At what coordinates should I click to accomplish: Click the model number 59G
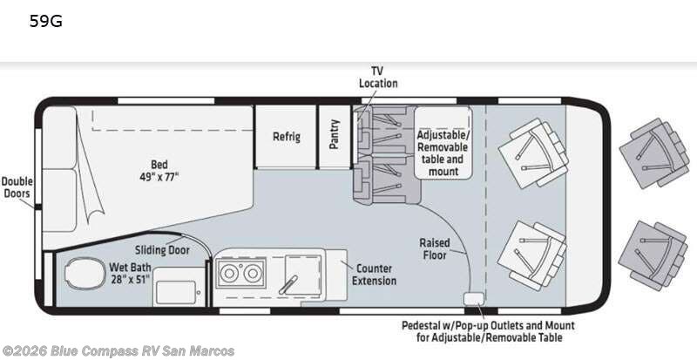click(46, 21)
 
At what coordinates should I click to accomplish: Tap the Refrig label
click(287, 137)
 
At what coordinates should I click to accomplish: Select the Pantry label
click(335, 134)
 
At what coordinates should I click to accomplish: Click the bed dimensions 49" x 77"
click(159, 177)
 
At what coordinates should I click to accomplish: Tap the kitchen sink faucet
click(288, 284)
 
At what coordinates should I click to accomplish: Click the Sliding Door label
click(162, 250)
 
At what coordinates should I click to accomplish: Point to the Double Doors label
click(17, 187)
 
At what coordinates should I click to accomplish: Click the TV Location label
click(378, 77)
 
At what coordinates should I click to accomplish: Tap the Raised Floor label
click(434, 248)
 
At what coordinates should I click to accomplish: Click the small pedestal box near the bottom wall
click(471, 299)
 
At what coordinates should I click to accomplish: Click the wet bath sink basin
click(176, 292)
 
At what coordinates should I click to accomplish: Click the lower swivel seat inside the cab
click(532, 256)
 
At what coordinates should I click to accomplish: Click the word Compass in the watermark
click(101, 351)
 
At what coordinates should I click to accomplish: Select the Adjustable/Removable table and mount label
click(443, 153)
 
